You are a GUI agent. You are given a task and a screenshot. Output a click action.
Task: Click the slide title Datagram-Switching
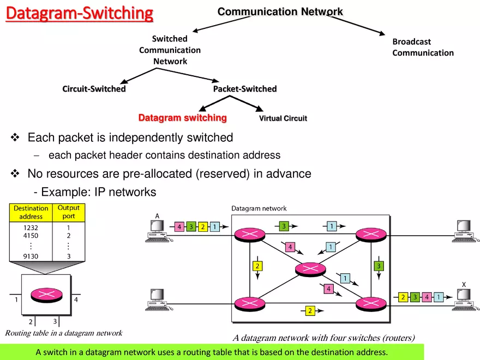[80, 13]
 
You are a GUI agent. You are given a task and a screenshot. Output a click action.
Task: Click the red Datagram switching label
[182, 118]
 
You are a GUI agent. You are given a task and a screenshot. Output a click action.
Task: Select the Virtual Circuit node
[283, 118]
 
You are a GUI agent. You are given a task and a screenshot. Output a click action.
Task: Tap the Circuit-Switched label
[94, 89]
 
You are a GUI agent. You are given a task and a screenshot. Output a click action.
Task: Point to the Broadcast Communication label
[423, 47]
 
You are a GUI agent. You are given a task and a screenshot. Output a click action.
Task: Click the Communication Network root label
[280, 11]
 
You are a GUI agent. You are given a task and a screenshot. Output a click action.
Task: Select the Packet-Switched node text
[245, 89]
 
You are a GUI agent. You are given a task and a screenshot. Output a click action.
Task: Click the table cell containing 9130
[31, 256]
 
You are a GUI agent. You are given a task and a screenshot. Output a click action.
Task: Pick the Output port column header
[69, 212]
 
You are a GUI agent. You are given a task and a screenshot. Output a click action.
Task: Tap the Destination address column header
[31, 212]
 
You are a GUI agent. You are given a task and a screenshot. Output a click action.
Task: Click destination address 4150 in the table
[31, 236]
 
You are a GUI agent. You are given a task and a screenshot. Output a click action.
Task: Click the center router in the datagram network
[310, 269]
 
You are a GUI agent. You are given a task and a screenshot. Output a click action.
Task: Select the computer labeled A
[156, 232]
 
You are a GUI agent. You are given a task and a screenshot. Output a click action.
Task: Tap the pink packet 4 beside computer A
[179, 226]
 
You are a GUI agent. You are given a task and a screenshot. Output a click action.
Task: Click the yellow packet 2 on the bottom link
[309, 311]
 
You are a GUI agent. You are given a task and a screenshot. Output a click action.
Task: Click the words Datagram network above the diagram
[259, 208]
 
